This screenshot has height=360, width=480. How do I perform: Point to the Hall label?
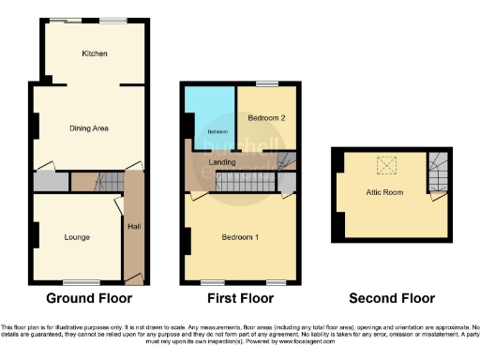(133, 225)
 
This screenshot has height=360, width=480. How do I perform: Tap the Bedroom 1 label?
(240, 236)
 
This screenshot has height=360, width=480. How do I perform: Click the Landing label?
(221, 162)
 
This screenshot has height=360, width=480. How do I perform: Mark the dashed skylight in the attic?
(385, 166)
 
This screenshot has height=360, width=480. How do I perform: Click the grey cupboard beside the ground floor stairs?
(50, 181)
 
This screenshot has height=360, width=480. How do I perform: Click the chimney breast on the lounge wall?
(35, 235)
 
